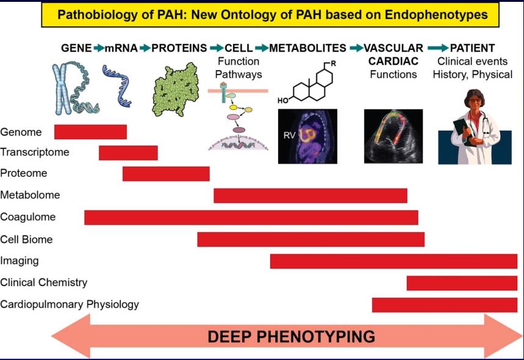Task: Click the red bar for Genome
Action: click(90, 132)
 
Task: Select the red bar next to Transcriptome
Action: click(128, 153)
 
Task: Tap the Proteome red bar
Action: click(166, 174)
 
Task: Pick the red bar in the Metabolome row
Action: click(310, 195)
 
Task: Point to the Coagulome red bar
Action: click(251, 217)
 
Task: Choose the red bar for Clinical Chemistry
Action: click(462, 283)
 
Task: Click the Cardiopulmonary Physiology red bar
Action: click(444, 304)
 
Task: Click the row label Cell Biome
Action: click(27, 239)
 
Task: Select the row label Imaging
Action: click(20, 261)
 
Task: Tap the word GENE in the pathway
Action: click(76, 48)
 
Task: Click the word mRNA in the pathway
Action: click(121, 48)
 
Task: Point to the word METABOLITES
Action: click(307, 48)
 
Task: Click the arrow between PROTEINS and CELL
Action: click(216, 48)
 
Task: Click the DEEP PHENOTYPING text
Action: click(291, 336)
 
